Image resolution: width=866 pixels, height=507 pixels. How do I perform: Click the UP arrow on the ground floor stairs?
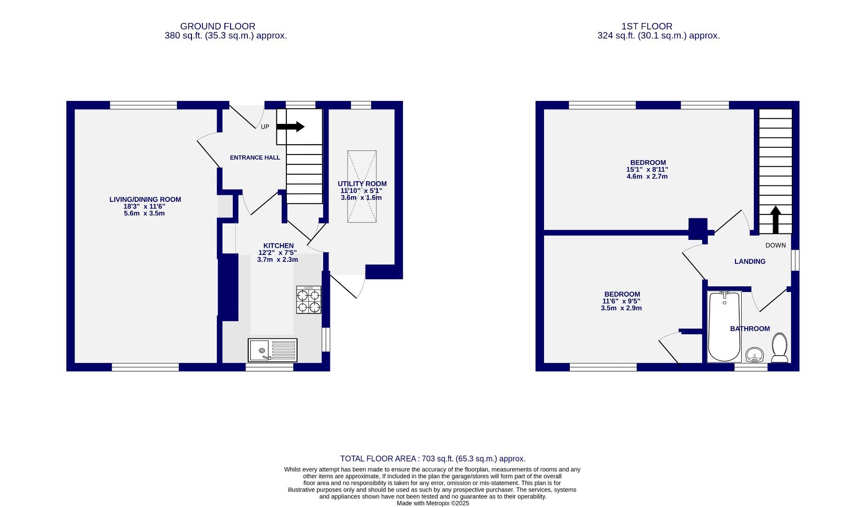(291, 127)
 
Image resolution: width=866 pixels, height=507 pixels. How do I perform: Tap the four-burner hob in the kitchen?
(309, 300)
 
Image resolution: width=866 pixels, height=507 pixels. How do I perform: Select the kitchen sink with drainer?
(273, 350)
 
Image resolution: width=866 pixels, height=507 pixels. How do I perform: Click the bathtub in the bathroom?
(724, 327)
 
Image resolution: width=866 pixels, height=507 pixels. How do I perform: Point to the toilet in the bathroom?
(780, 348)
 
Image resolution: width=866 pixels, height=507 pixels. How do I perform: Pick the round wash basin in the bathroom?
(754, 355)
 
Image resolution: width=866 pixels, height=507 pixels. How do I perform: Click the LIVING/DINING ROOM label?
(145, 200)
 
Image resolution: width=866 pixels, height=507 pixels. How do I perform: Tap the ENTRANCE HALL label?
(255, 158)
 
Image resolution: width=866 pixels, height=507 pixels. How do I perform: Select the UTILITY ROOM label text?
(362, 184)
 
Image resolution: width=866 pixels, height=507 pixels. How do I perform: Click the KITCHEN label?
(278, 246)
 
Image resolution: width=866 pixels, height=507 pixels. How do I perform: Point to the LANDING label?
(750, 261)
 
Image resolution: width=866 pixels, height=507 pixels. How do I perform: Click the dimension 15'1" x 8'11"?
(647, 169)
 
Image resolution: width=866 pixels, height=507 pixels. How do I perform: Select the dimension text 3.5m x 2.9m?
(621, 308)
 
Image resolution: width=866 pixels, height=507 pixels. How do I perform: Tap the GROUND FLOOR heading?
(217, 26)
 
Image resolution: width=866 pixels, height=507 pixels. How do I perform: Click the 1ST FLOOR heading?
(653, 26)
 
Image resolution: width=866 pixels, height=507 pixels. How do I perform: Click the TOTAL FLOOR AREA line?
(432, 459)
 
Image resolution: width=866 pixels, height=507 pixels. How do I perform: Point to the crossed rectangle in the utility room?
(362, 186)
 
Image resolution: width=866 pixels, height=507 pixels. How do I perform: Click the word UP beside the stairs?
(265, 127)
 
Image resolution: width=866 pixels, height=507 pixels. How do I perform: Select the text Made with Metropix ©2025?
(432, 503)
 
